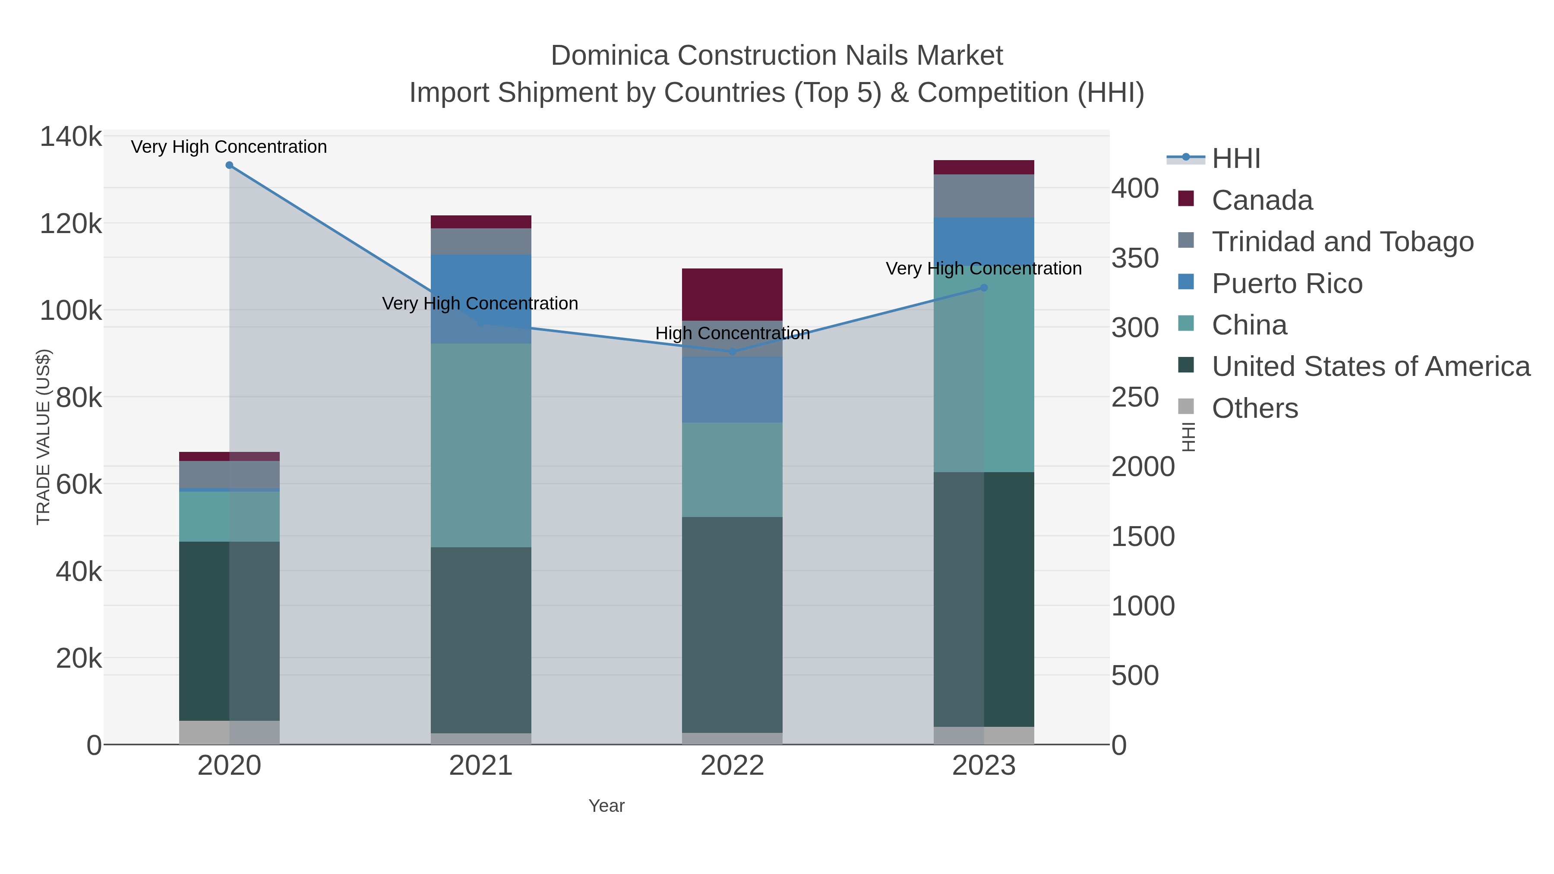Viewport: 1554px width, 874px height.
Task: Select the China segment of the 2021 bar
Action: [x=481, y=445]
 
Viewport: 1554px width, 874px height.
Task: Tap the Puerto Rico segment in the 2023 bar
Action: [x=983, y=241]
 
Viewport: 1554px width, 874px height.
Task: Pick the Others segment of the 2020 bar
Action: [x=229, y=732]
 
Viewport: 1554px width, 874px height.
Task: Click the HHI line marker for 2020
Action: [x=229, y=165]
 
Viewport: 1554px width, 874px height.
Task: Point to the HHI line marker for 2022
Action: [x=733, y=351]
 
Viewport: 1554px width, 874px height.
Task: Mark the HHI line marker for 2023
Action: [x=984, y=288]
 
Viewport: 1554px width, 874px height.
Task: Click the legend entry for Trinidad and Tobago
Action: [x=1342, y=242]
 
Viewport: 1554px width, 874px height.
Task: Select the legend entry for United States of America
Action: [x=1370, y=367]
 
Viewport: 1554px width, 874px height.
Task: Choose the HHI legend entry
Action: [x=1235, y=159]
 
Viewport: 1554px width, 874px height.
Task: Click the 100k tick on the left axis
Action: [x=71, y=311]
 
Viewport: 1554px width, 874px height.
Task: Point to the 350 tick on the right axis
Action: [x=1135, y=258]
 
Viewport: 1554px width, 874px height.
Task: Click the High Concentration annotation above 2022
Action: [x=733, y=333]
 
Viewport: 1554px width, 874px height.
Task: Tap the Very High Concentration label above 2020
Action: [x=229, y=147]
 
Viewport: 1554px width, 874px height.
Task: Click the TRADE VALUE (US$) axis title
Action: [x=44, y=437]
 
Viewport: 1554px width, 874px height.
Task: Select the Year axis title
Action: [x=606, y=806]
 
